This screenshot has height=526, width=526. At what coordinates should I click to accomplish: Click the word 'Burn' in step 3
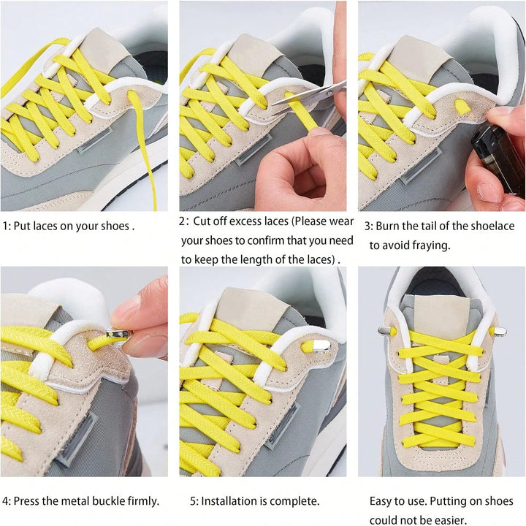pyautogui.click(x=386, y=226)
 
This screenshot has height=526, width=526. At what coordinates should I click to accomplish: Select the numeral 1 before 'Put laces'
pyautogui.click(x=5, y=226)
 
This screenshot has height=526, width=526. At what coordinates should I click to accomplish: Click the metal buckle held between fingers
pyautogui.click(x=118, y=335)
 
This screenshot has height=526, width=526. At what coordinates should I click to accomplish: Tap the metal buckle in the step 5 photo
pyautogui.click(x=321, y=346)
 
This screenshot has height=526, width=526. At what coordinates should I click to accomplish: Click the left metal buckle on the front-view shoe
pyautogui.click(x=386, y=331)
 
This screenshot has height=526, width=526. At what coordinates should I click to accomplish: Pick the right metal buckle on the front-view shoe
pyautogui.click(x=500, y=332)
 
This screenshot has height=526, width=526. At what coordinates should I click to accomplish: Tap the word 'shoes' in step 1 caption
pyautogui.click(x=115, y=226)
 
